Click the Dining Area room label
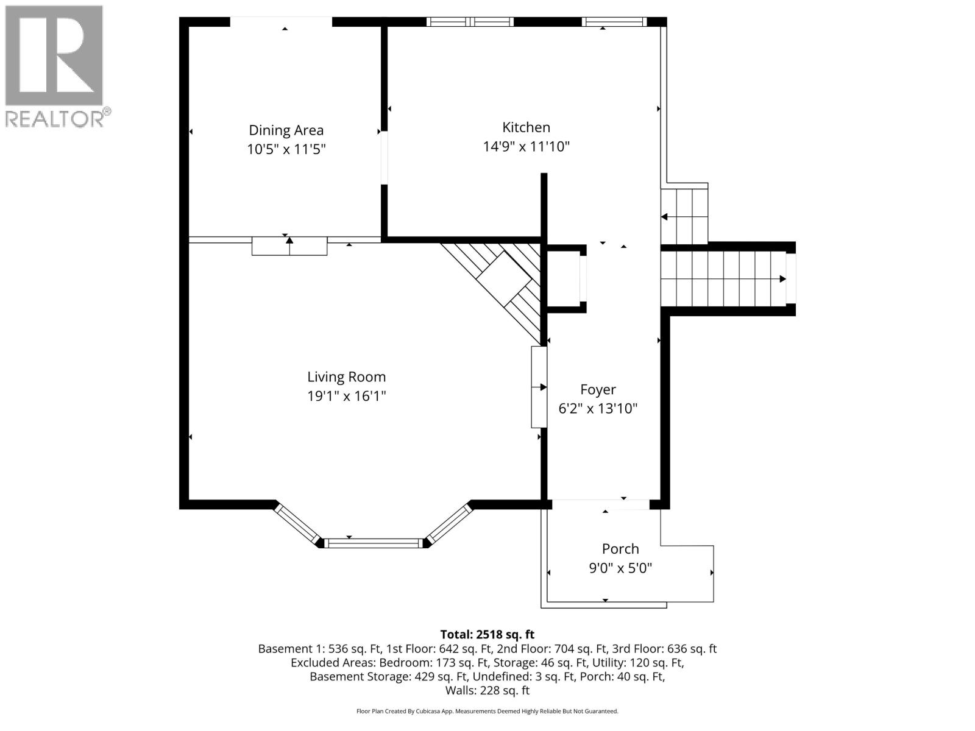286,130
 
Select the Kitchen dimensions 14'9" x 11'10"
526,146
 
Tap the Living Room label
346,377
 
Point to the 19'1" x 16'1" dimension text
346,396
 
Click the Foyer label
598,389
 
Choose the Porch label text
620,549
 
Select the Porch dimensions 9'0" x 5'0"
620,568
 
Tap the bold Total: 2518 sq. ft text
487,634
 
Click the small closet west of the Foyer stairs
565,278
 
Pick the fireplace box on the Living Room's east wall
539,387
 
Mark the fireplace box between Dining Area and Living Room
289,246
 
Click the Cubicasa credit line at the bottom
487,711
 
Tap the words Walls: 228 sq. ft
487,690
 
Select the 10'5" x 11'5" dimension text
286,149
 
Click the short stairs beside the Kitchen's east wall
684,216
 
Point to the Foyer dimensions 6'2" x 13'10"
598,408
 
